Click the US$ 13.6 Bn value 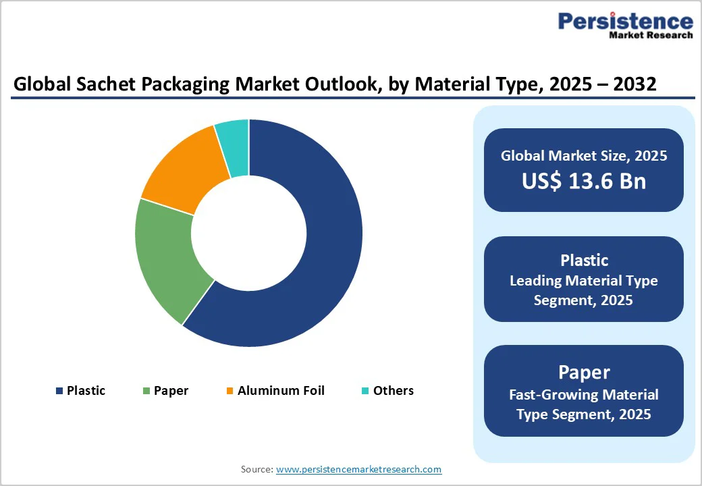[x=584, y=181]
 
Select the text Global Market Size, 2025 [x=584, y=156]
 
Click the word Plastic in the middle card [x=584, y=261]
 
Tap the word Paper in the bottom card [x=584, y=372]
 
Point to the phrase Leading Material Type [x=584, y=280]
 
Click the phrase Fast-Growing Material [x=584, y=394]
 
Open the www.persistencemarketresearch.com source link [x=358, y=469]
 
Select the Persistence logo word [x=625, y=22]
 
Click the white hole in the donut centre [x=249, y=234]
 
